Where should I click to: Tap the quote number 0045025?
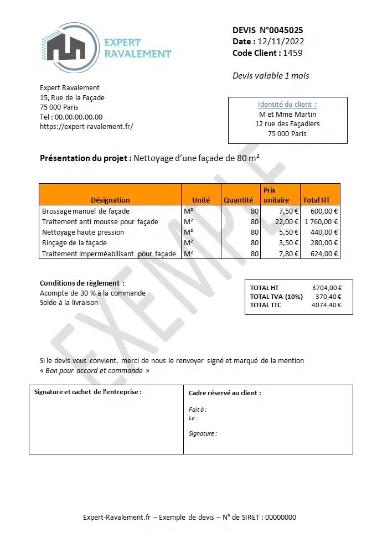(x=283, y=30)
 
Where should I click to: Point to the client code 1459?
(x=293, y=53)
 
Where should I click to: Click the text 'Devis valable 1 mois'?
(x=271, y=76)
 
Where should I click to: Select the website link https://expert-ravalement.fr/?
(x=86, y=126)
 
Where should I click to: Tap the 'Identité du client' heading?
(x=287, y=104)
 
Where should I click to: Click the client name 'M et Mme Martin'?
(x=287, y=114)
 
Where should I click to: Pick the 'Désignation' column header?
(x=110, y=200)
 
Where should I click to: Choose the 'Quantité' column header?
(x=238, y=200)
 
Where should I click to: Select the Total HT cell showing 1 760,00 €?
(x=321, y=221)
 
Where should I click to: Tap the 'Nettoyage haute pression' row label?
(x=83, y=232)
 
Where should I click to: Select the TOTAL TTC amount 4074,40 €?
(x=327, y=305)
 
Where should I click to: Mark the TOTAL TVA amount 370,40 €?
(x=328, y=297)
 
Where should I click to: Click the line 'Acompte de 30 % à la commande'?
(x=92, y=293)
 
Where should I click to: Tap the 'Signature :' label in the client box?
(x=203, y=433)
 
